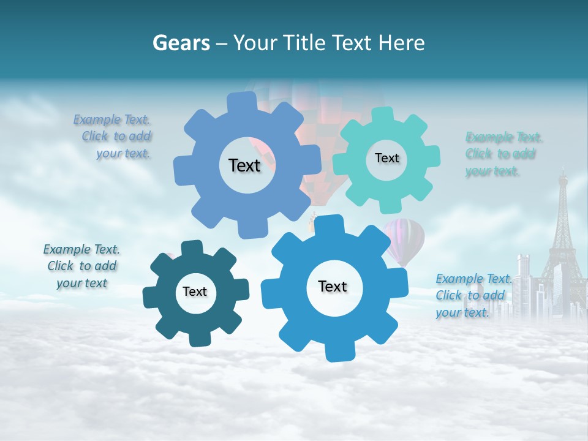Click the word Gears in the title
(181, 43)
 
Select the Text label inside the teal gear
(386, 158)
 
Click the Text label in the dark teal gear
(195, 292)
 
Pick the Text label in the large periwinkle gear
(244, 165)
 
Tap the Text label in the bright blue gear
(333, 286)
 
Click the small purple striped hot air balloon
(405, 239)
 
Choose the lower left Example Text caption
(82, 266)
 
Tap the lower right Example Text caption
(473, 295)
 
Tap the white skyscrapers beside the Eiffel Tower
(527, 285)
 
